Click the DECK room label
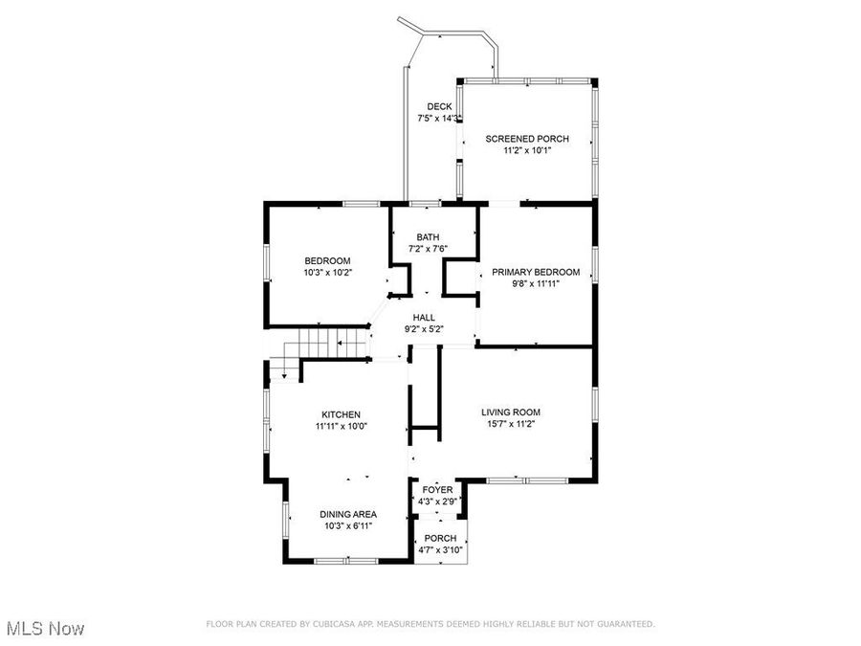point(439,106)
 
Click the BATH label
point(428,237)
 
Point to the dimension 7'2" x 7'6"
point(428,249)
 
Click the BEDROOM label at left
point(327,261)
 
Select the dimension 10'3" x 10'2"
point(327,273)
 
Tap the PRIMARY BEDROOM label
point(536,272)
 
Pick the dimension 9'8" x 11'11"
point(536,283)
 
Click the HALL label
point(424,318)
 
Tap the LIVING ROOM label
point(518,412)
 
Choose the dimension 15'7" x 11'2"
point(518,424)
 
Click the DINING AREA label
point(347,514)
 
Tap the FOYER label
point(437,490)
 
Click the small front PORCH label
point(440,538)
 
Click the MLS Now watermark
point(45,629)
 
